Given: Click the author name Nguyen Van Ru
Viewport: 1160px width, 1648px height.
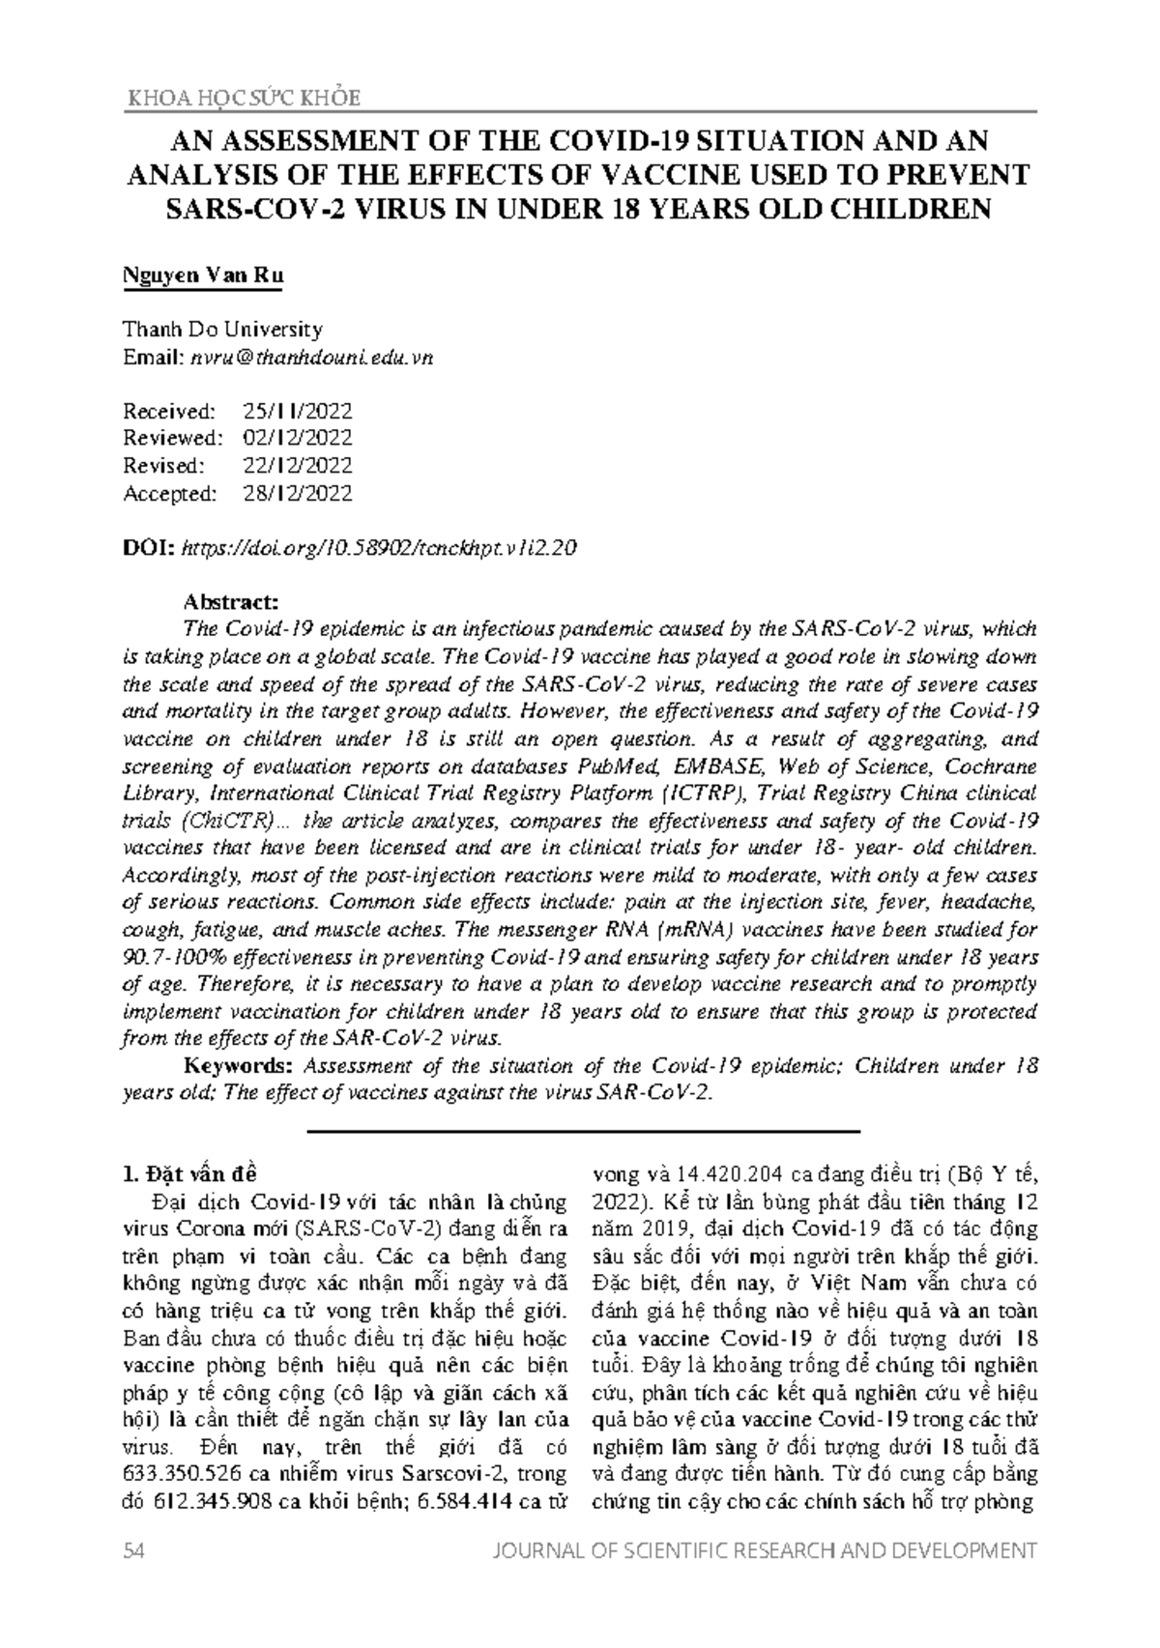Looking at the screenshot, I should [x=203, y=275].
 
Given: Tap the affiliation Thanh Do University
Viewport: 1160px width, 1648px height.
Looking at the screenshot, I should [x=222, y=330].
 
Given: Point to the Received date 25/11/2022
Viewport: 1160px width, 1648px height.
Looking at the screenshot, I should [x=297, y=411].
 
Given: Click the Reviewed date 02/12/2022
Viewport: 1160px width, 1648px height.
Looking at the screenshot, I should [x=297, y=438].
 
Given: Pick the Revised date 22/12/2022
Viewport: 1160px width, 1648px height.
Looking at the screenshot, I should [x=297, y=466].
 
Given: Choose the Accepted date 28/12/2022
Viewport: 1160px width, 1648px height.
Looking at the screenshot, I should [x=297, y=494].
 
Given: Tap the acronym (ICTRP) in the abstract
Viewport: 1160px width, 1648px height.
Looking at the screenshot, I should [x=706, y=794].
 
